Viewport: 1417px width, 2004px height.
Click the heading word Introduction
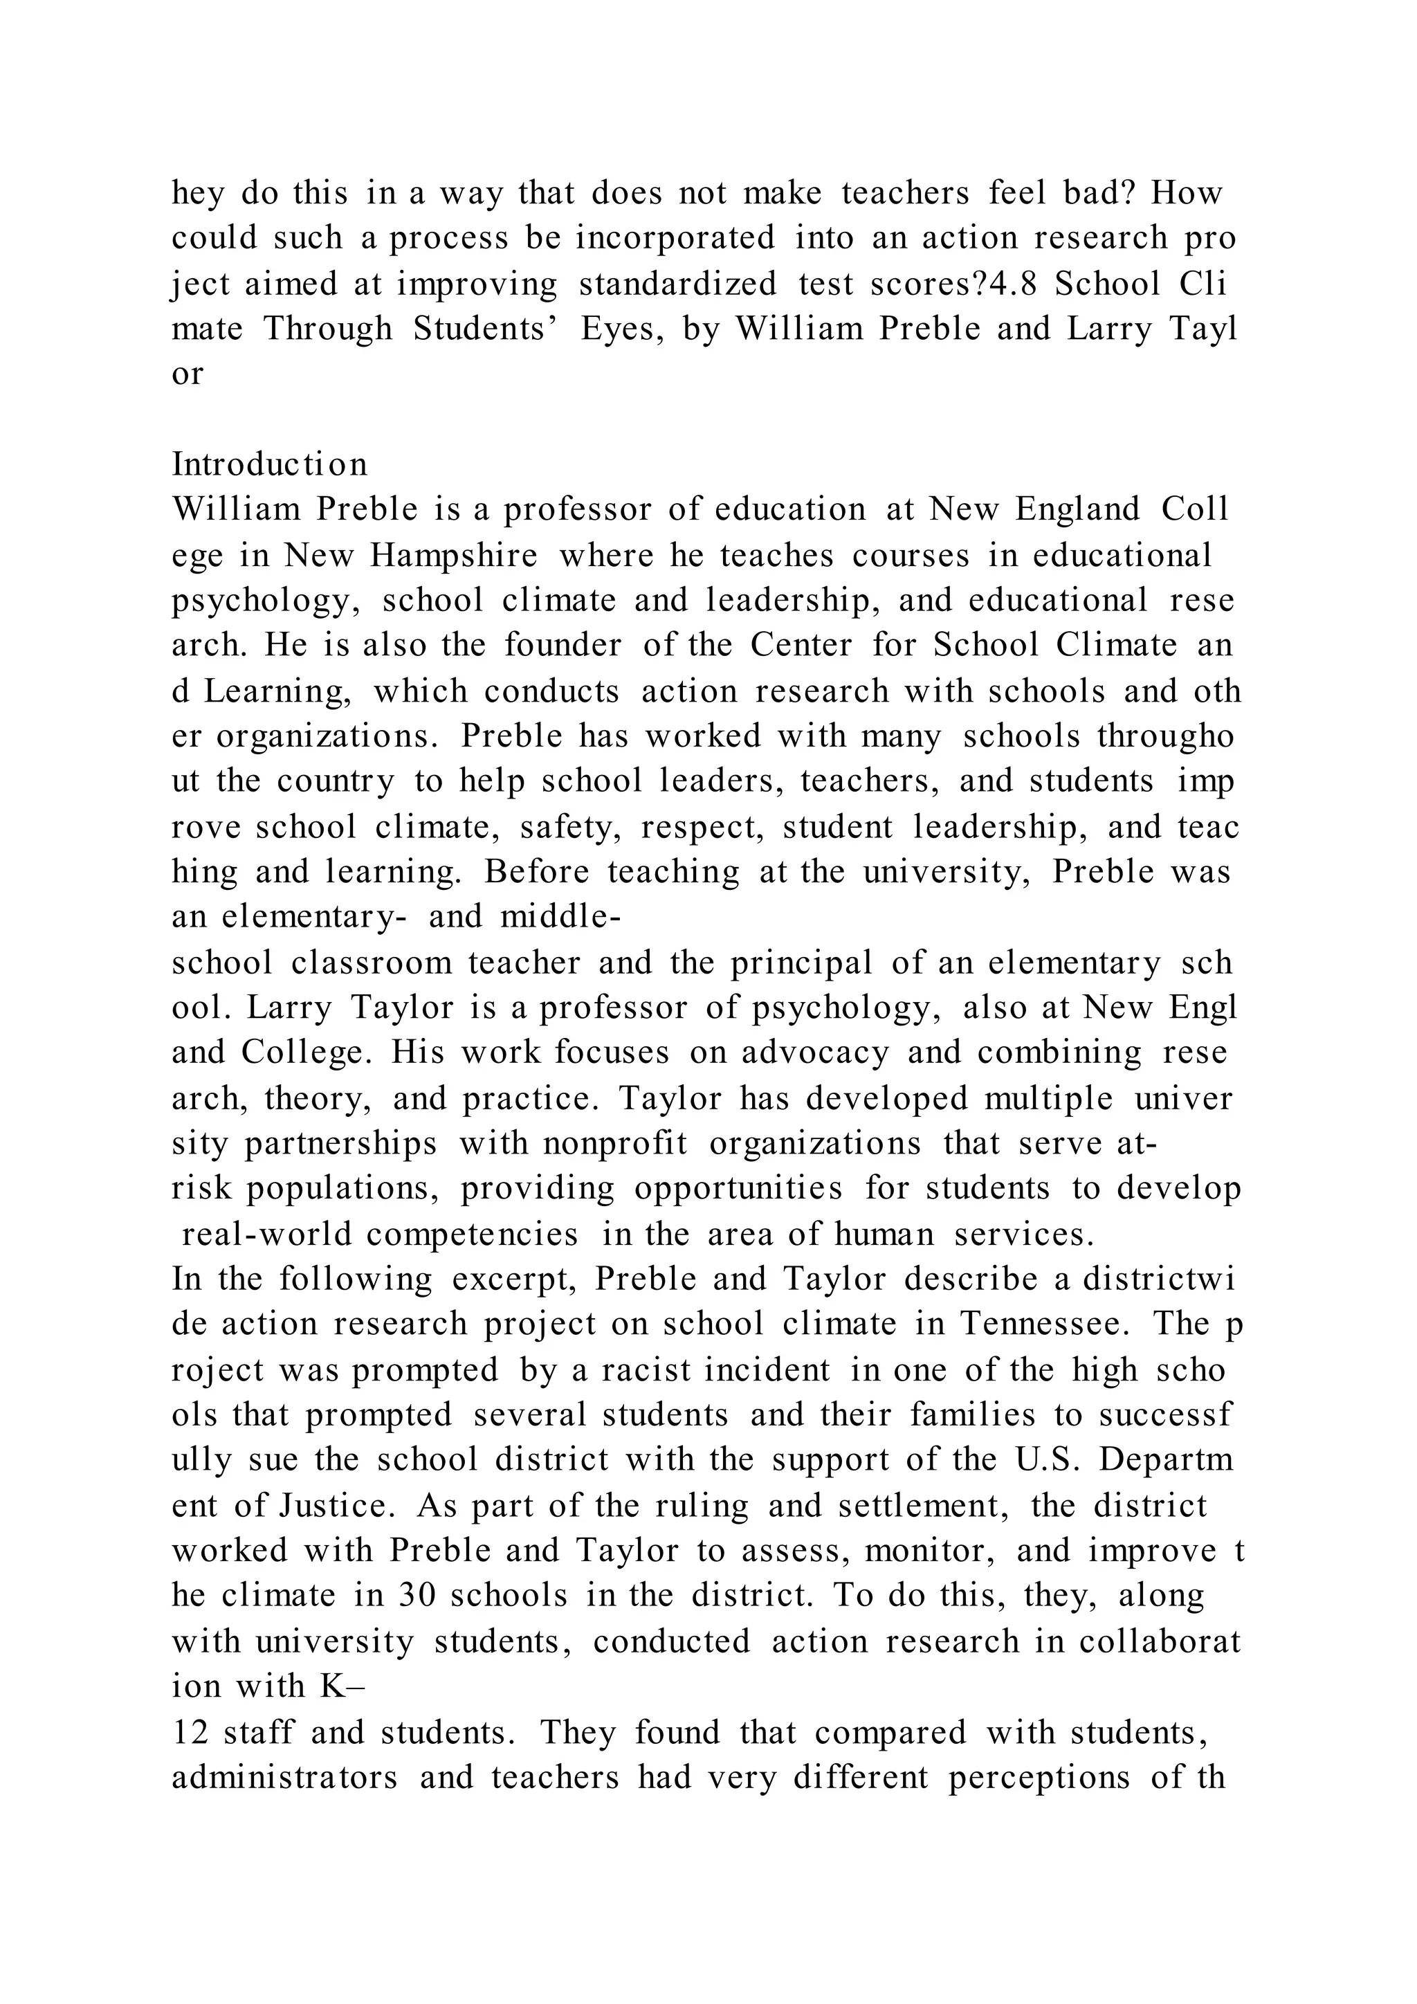coord(270,464)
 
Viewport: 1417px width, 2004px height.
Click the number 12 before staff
coord(190,1731)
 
